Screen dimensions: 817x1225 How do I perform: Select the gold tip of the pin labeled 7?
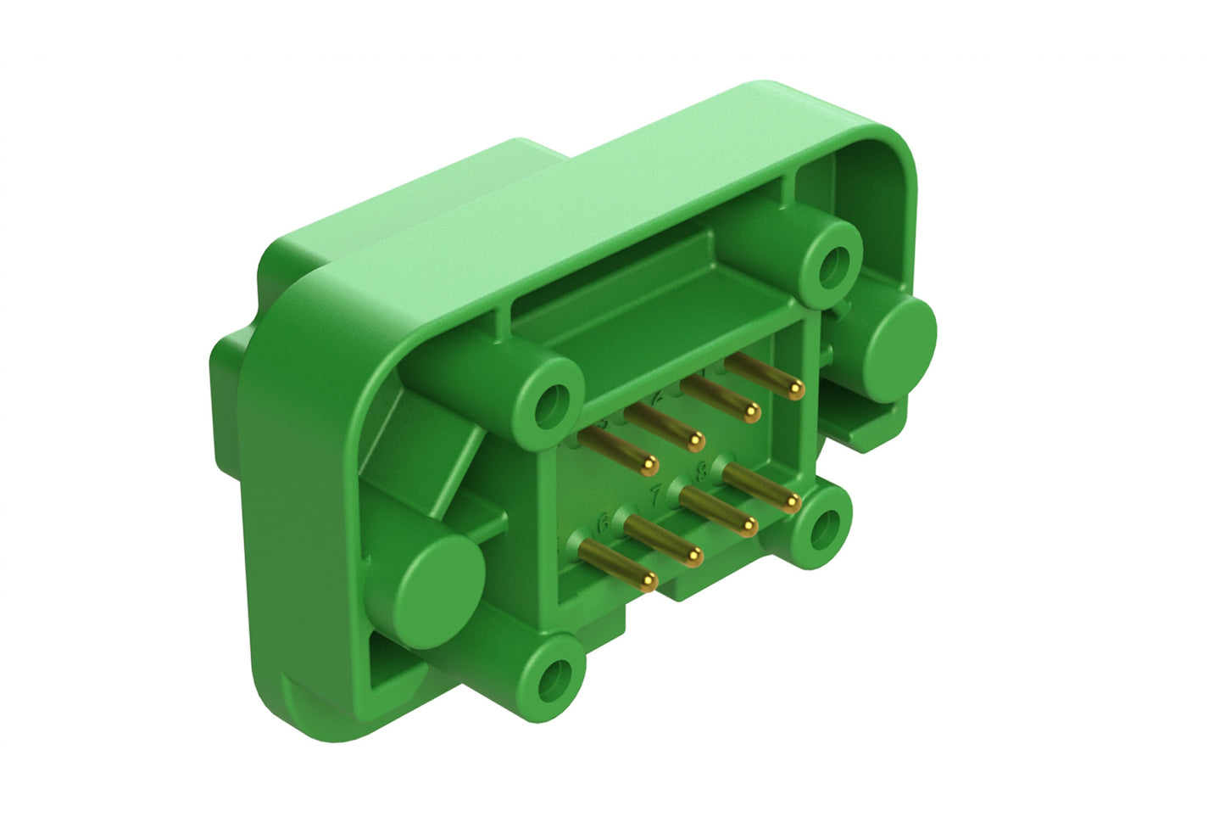coord(748,529)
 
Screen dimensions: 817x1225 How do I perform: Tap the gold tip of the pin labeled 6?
coord(694,556)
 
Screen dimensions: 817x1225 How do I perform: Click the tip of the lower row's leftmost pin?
coord(649,581)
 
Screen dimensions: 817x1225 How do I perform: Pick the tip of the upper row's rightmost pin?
coord(795,389)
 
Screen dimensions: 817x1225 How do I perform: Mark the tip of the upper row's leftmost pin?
coord(650,465)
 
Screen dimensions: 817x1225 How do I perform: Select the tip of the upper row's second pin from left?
coord(696,440)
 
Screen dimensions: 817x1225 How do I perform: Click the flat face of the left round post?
coord(440,581)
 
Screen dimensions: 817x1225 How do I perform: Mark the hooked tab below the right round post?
coord(873,424)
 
